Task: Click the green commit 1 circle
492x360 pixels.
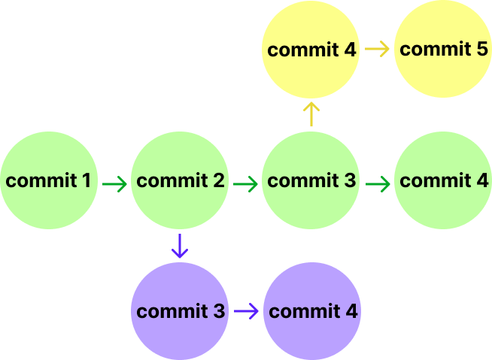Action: [49, 180]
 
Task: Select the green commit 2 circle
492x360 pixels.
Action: [180, 180]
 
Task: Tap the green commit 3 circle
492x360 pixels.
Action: [311, 180]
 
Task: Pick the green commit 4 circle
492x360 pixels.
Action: [442, 180]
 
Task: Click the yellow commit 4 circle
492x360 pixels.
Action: [311, 50]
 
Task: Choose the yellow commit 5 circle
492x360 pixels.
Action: [442, 50]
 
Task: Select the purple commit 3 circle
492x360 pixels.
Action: [180, 311]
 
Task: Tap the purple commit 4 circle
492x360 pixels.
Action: [311, 311]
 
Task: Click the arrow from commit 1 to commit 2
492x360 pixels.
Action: [114, 183]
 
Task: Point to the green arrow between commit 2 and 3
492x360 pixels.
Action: [245, 183]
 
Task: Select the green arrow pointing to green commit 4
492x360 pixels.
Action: [377, 183]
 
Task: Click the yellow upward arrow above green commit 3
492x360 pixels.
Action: [311, 115]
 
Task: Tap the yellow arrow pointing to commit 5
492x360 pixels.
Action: [378, 50]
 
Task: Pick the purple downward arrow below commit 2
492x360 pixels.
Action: [179, 246]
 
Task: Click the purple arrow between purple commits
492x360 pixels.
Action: [246, 310]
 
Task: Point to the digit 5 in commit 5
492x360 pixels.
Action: [482, 50]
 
